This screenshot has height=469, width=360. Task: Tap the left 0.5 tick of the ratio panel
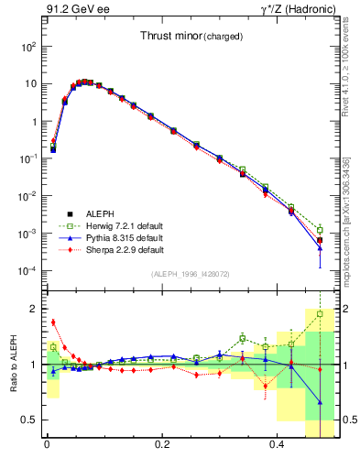31,420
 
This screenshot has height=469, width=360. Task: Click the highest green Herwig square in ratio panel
320,314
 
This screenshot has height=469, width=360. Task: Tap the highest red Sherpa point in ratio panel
53,322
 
